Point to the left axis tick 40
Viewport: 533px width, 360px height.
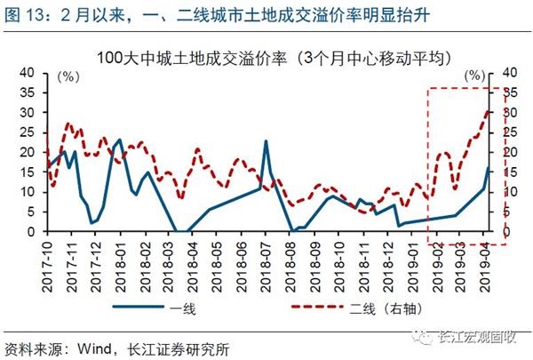[x=29, y=73]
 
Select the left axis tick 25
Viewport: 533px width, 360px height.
[x=29, y=132]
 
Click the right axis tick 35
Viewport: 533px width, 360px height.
[x=512, y=93]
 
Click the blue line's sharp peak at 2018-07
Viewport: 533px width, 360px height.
[x=266, y=141]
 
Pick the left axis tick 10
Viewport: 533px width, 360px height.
[x=29, y=192]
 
